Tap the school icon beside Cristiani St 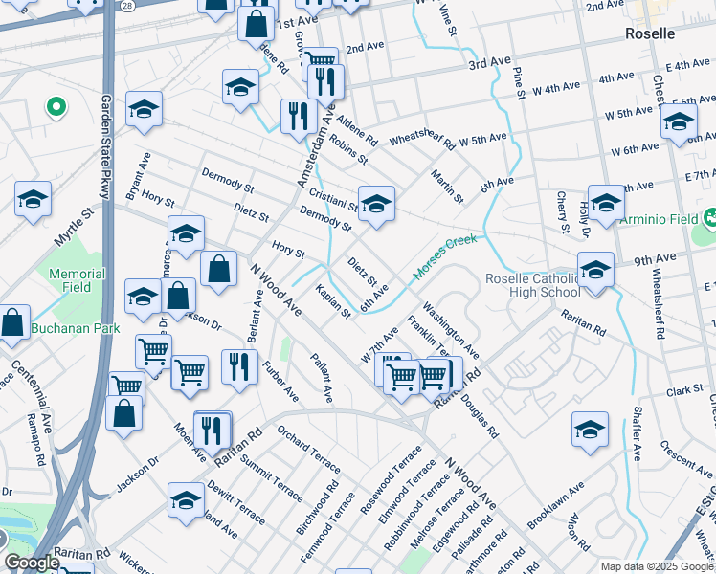pos(376,203)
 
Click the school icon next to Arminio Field pos(606,202)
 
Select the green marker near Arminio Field pos(710,218)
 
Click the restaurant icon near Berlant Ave pos(239,365)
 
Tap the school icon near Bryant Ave pos(144,109)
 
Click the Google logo pos(33,563)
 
